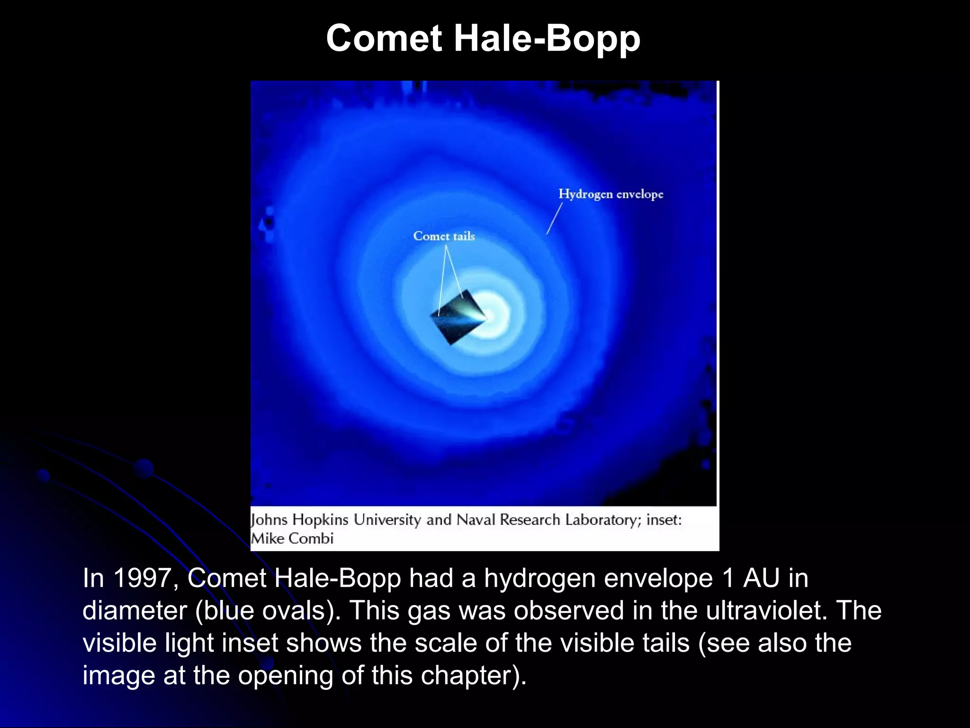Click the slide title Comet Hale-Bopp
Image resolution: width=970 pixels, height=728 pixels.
[x=483, y=39]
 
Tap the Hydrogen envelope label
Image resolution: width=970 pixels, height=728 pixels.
[x=611, y=194]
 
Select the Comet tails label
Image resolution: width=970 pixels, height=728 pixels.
[x=444, y=236]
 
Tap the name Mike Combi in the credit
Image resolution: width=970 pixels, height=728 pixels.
[x=292, y=539]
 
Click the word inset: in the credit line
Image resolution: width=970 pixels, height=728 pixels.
[x=664, y=520]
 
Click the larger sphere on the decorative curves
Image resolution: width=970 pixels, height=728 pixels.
[x=144, y=469]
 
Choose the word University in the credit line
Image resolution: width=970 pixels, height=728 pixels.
[x=387, y=520]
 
